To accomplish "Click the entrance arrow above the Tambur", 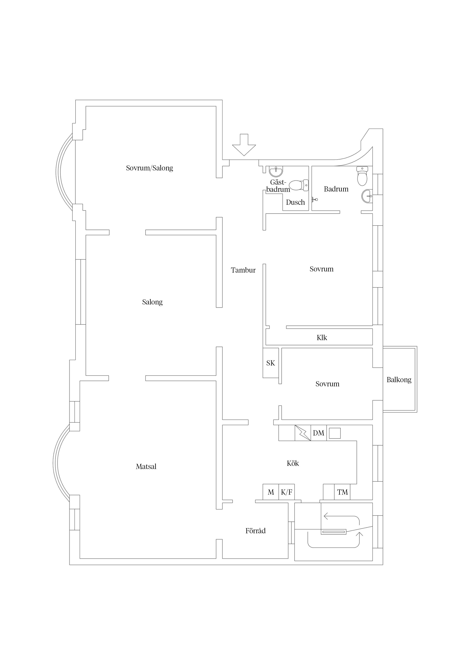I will (x=244, y=145).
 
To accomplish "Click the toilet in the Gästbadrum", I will (x=298, y=185).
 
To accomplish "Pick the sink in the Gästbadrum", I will (x=276, y=172).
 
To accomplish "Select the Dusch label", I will (x=295, y=202).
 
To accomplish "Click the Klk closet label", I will (x=322, y=338).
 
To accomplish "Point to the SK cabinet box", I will (x=270, y=363).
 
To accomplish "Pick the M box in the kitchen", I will (x=271, y=492).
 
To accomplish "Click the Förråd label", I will (x=255, y=531).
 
